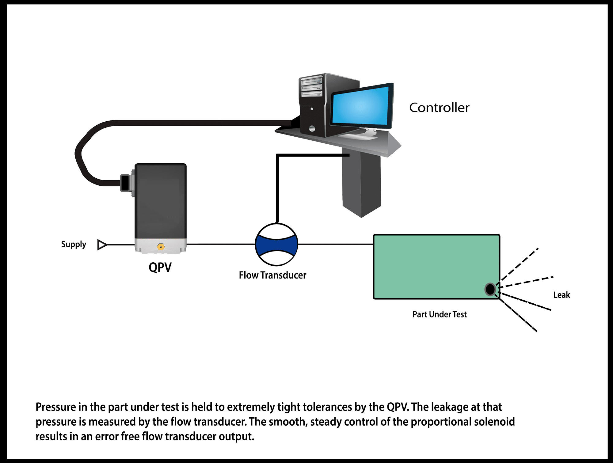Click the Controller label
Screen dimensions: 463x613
coord(439,108)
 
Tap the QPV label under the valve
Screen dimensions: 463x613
coord(160,267)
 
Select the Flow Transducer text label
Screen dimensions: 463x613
coord(272,275)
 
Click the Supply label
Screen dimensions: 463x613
coord(74,244)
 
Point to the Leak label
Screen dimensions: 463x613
coord(562,295)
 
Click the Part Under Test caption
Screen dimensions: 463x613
coord(439,314)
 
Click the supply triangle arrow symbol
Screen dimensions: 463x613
coord(102,245)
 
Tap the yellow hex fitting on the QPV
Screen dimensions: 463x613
coord(161,246)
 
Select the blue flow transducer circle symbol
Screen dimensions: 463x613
coord(276,244)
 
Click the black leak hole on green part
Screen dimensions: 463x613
coord(490,289)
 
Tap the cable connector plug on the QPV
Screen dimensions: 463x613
coord(125,183)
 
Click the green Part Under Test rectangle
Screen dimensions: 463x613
coord(432,266)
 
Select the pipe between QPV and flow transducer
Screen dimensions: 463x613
coord(221,244)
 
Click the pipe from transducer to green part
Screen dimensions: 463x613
coord(336,244)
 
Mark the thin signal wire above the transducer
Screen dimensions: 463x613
coord(277,190)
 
